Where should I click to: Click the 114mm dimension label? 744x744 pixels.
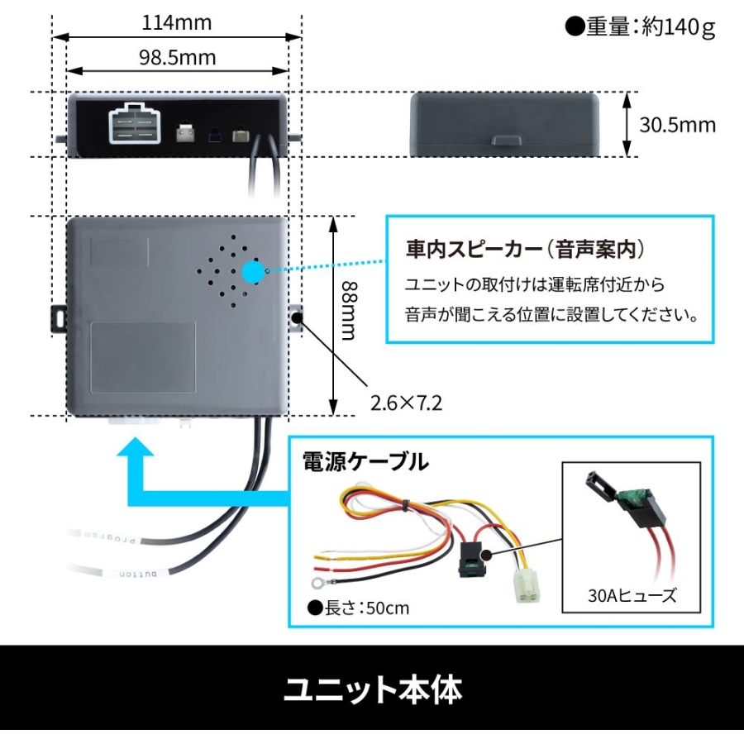[177, 23]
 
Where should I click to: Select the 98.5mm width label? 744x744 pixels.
[177, 58]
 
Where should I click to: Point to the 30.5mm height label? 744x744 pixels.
[677, 126]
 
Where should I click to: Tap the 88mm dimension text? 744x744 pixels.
[351, 311]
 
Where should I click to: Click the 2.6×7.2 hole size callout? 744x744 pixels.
[406, 403]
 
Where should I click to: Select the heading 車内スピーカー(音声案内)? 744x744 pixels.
[525, 249]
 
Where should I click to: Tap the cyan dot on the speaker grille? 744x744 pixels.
[254, 272]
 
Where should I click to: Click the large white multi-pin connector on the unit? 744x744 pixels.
[135, 123]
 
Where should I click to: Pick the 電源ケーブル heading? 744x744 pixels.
[365, 461]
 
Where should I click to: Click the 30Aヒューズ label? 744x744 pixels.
[632, 595]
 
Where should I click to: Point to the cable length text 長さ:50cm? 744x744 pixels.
[366, 608]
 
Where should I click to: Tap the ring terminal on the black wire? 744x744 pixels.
[318, 582]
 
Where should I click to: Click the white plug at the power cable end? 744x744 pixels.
[527, 585]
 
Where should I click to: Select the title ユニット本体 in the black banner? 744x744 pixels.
[373, 689]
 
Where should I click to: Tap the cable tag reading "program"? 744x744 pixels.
[110, 537]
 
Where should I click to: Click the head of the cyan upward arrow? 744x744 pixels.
[136, 447]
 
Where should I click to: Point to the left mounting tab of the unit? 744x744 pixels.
[59, 318]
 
